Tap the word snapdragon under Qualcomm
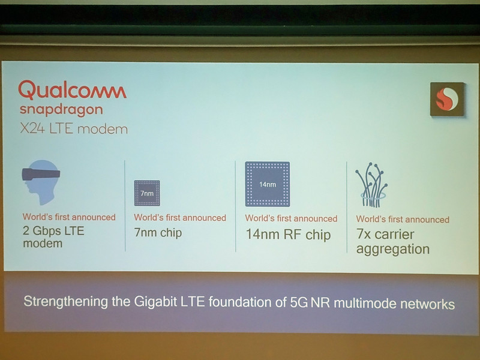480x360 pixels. pos(61,110)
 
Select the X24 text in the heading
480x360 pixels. pos(34,128)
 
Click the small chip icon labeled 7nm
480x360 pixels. pos(147,193)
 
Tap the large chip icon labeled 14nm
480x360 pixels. pos(267,184)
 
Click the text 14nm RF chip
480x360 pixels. pos(288,235)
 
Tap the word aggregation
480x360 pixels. pos(393,249)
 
